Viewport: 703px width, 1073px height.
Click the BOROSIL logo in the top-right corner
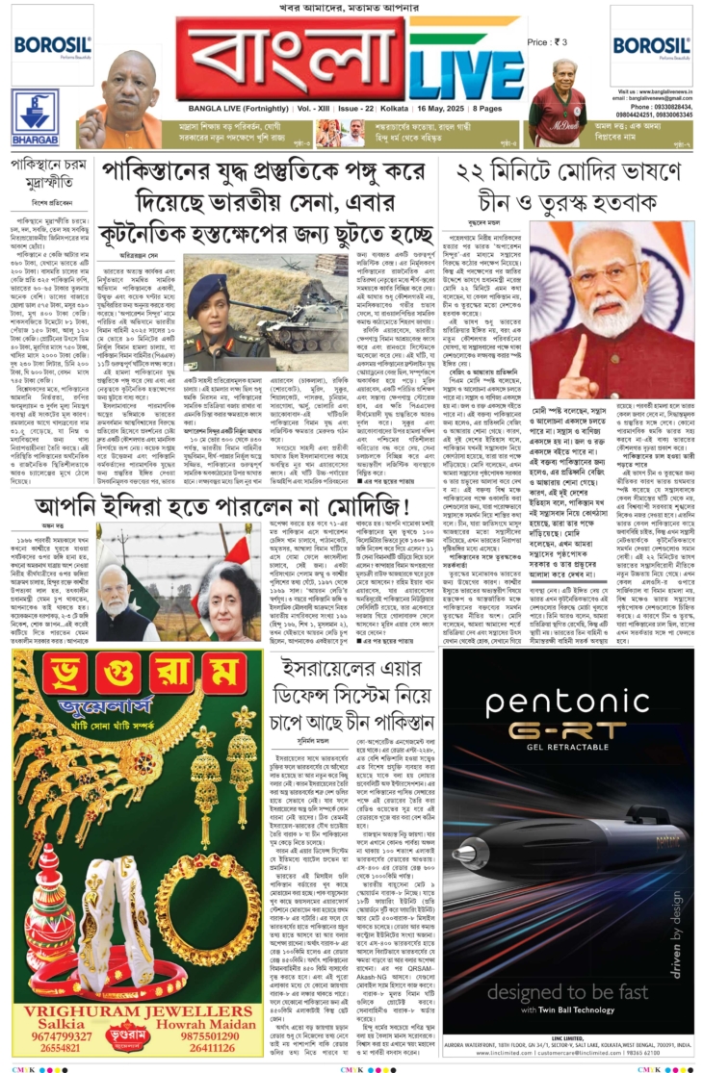650,44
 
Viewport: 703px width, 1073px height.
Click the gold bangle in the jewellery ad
198,900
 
